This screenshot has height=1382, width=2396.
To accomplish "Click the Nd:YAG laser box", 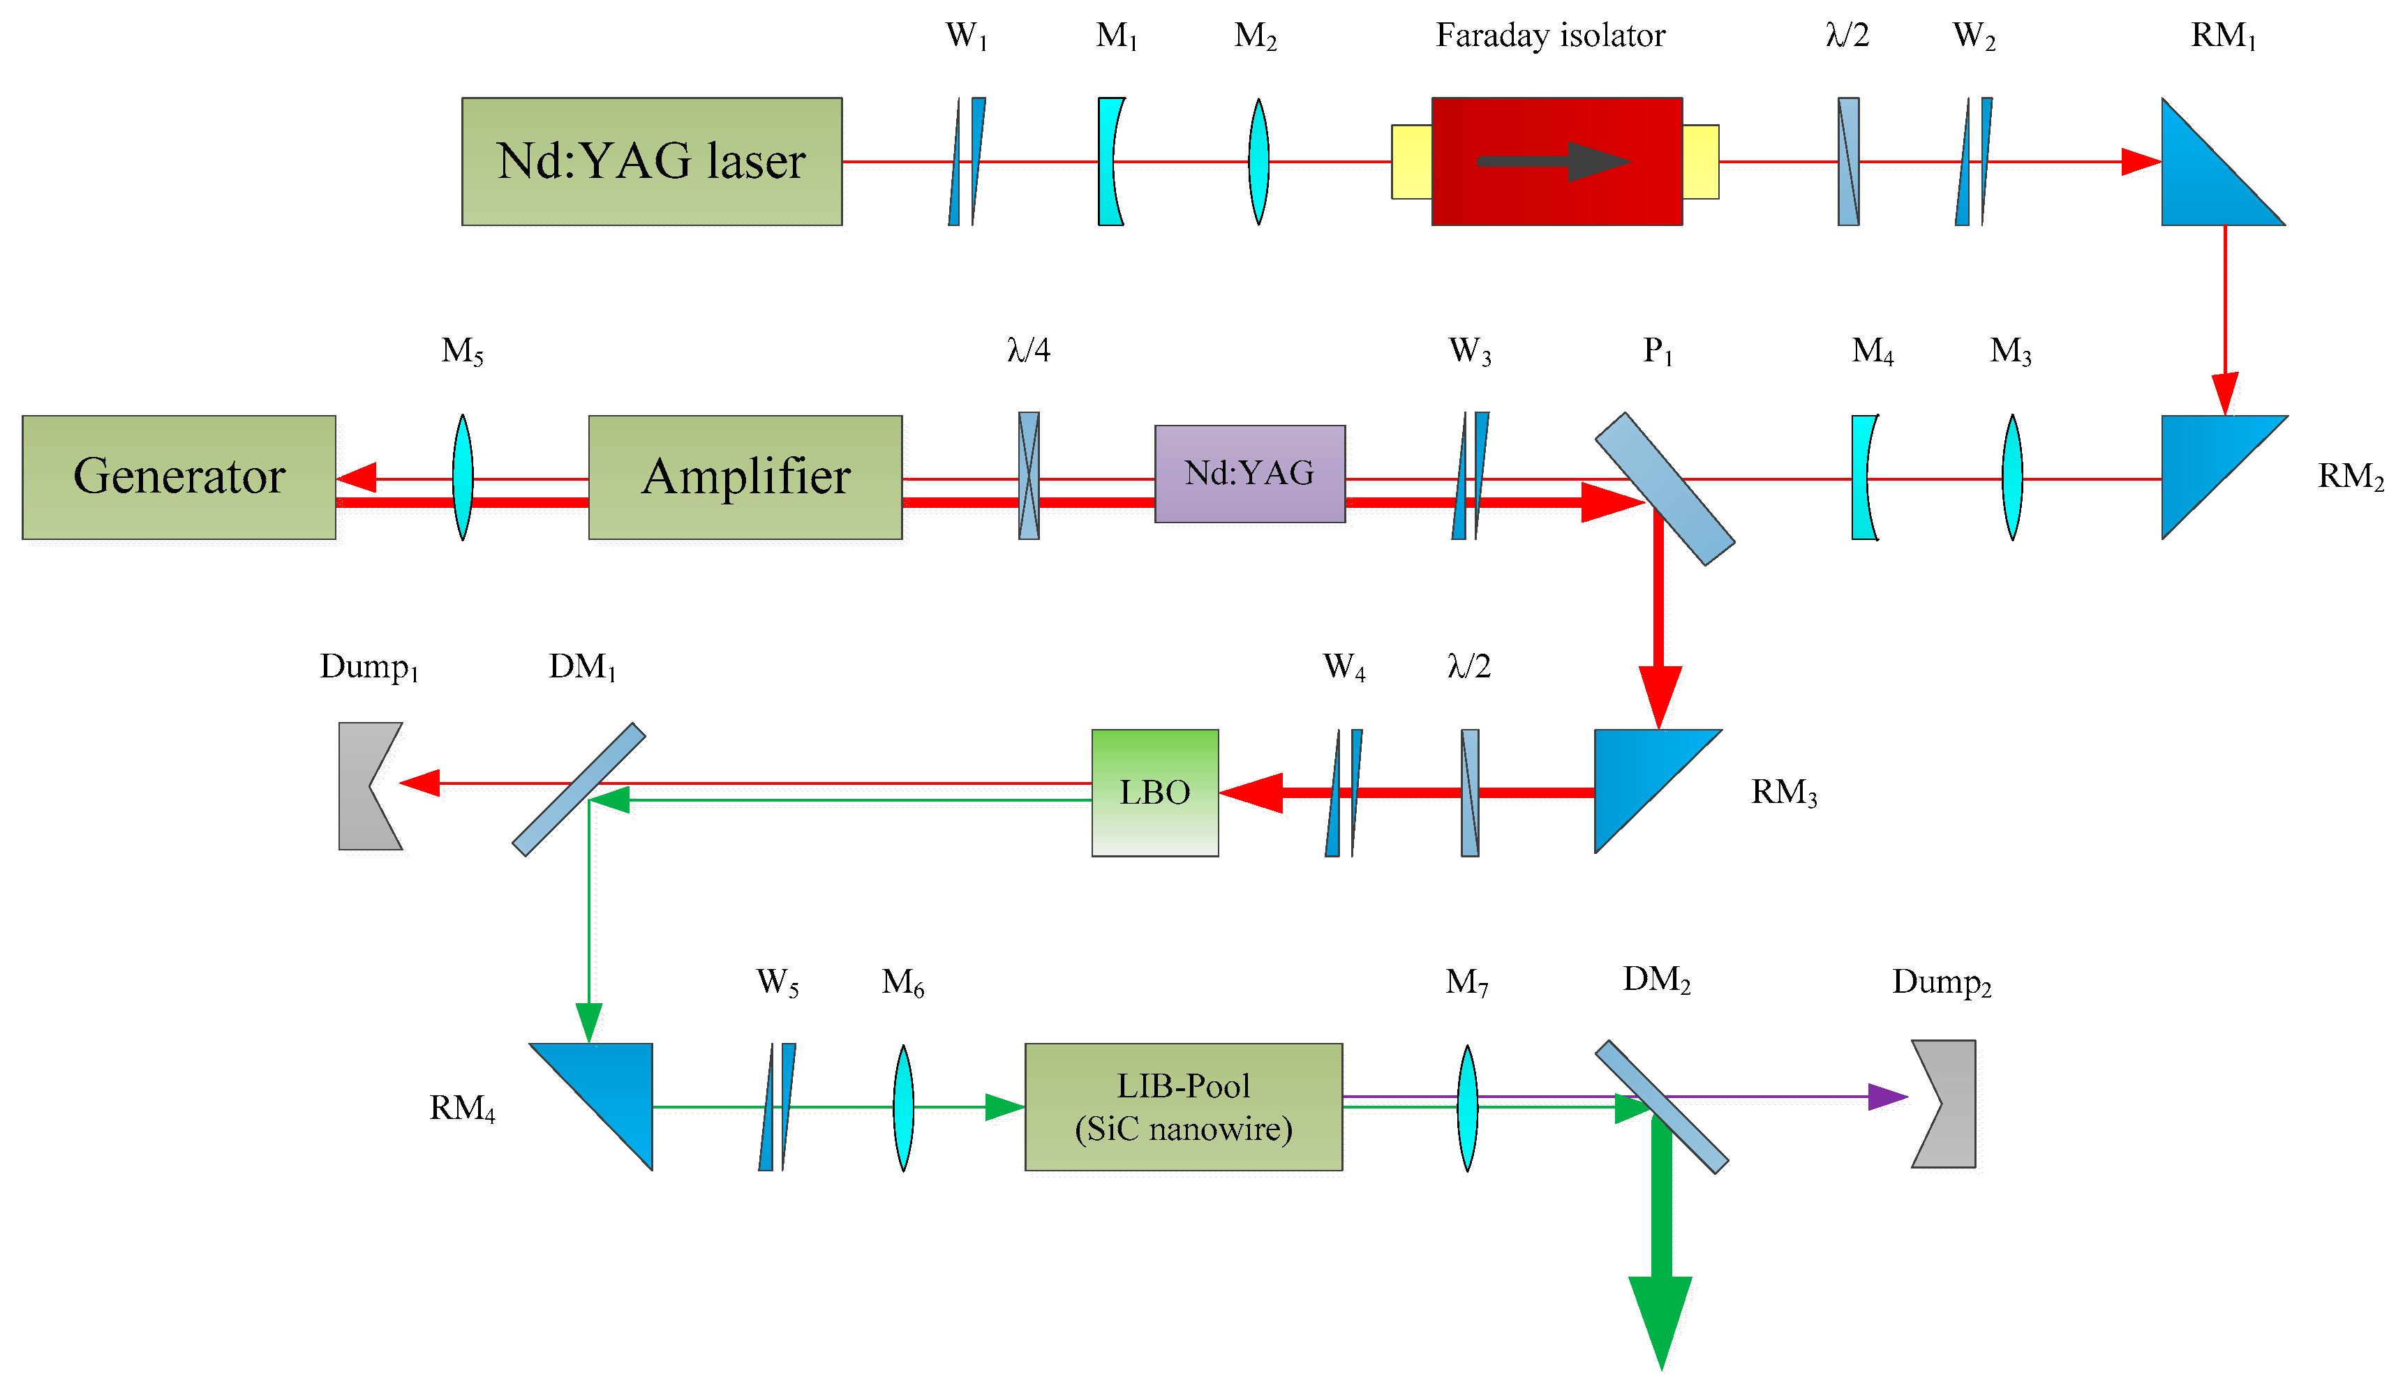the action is coord(651,161).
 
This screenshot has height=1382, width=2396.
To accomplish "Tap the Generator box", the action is coord(179,477).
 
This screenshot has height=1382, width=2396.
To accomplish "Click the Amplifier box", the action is coord(745,477).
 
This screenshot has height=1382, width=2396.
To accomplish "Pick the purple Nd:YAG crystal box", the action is coord(1249,474).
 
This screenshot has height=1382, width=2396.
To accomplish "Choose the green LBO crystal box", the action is coord(1154,793).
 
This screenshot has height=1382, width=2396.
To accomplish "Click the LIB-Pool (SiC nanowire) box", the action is coord(1183,1106).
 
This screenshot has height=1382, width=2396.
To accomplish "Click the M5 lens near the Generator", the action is coord(462,477).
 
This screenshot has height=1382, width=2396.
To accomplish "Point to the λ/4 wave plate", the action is coord(1028,476).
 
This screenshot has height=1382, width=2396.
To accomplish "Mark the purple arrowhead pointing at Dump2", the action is coord(1887,1097).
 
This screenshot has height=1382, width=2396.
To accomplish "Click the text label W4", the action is coord(1344,667).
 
